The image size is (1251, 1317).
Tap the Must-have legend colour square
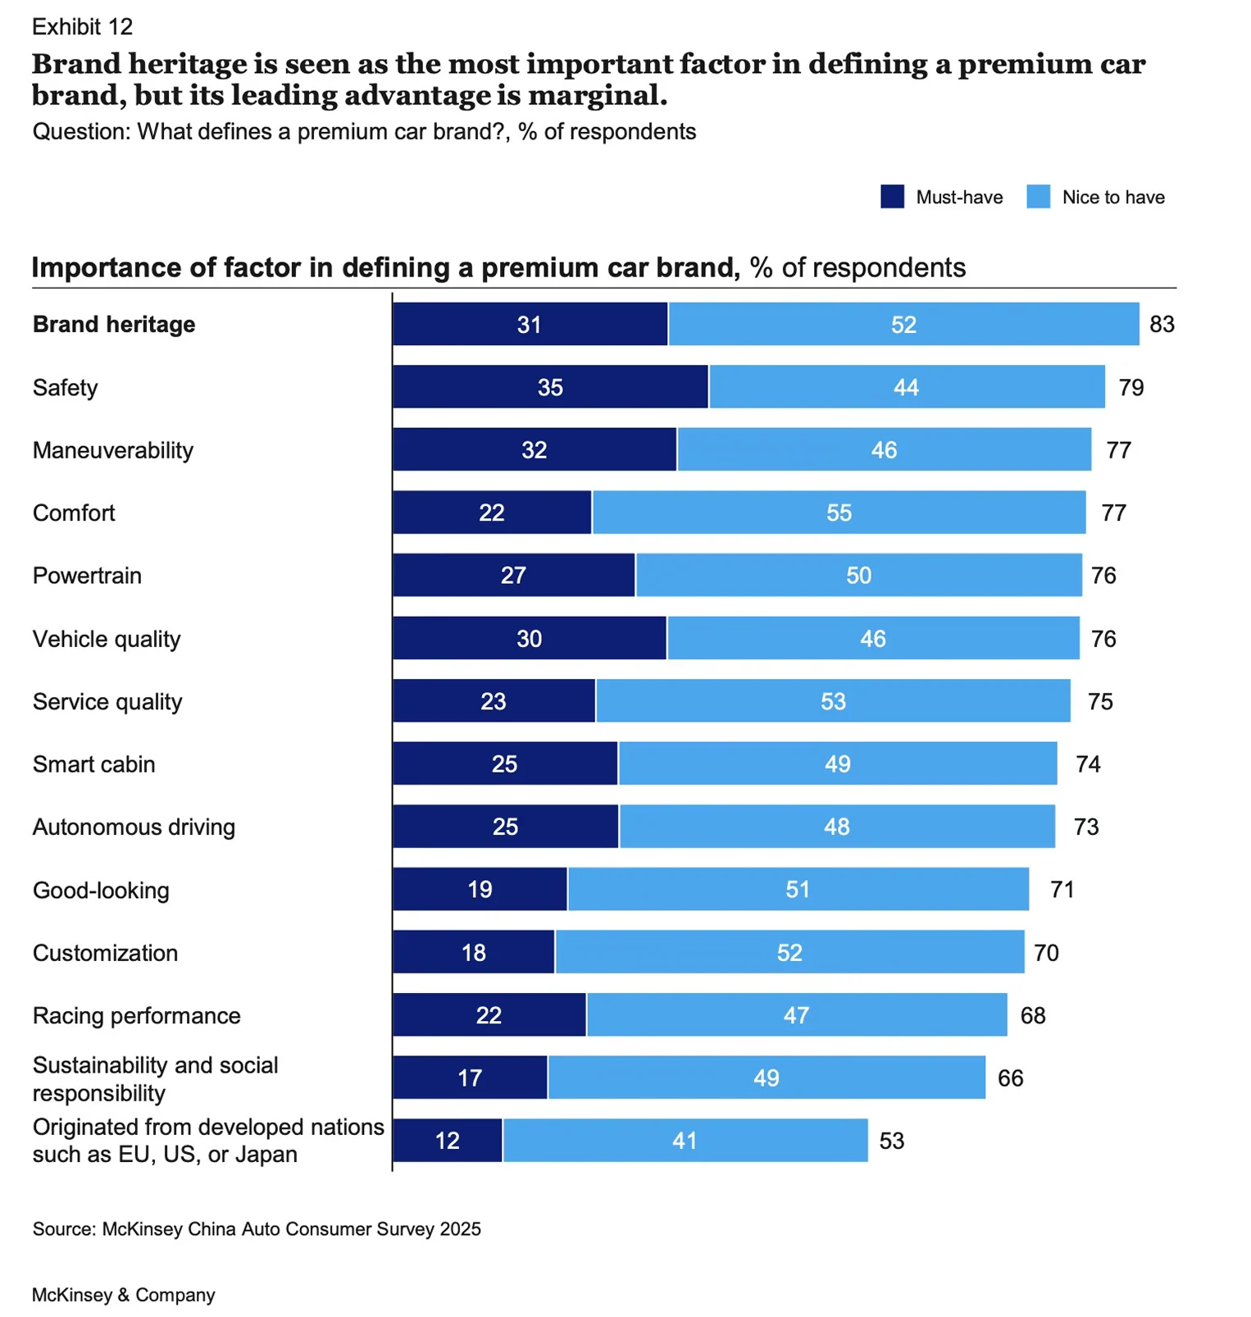(x=892, y=197)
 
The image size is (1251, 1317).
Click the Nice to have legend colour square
(x=1038, y=197)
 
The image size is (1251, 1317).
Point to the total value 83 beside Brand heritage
(x=1162, y=324)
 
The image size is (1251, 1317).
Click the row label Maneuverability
(x=113, y=450)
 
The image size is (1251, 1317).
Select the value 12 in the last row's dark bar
(x=448, y=1141)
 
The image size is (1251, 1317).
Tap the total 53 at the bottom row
(x=891, y=1141)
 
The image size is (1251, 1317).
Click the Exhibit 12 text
(x=82, y=27)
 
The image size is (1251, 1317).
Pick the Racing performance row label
(x=136, y=1015)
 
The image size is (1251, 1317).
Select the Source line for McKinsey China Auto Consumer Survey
(x=257, y=1228)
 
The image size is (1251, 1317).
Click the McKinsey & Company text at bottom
(x=123, y=1295)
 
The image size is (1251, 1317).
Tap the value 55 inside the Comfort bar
(x=839, y=513)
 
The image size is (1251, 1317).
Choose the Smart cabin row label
(x=93, y=764)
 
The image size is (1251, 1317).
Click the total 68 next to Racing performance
(x=1033, y=1015)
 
